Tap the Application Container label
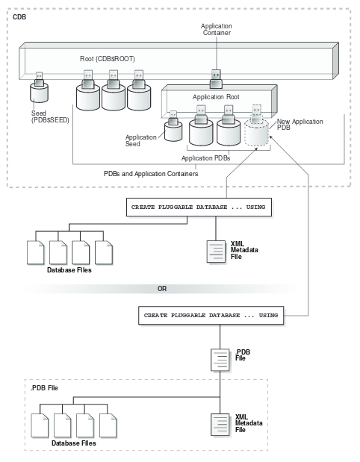click(x=217, y=29)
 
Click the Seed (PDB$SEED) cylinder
click(x=40, y=94)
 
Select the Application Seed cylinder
click(x=173, y=131)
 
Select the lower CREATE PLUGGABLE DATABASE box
click(x=210, y=316)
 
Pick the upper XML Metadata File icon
click(x=216, y=252)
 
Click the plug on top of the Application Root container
click(x=217, y=76)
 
